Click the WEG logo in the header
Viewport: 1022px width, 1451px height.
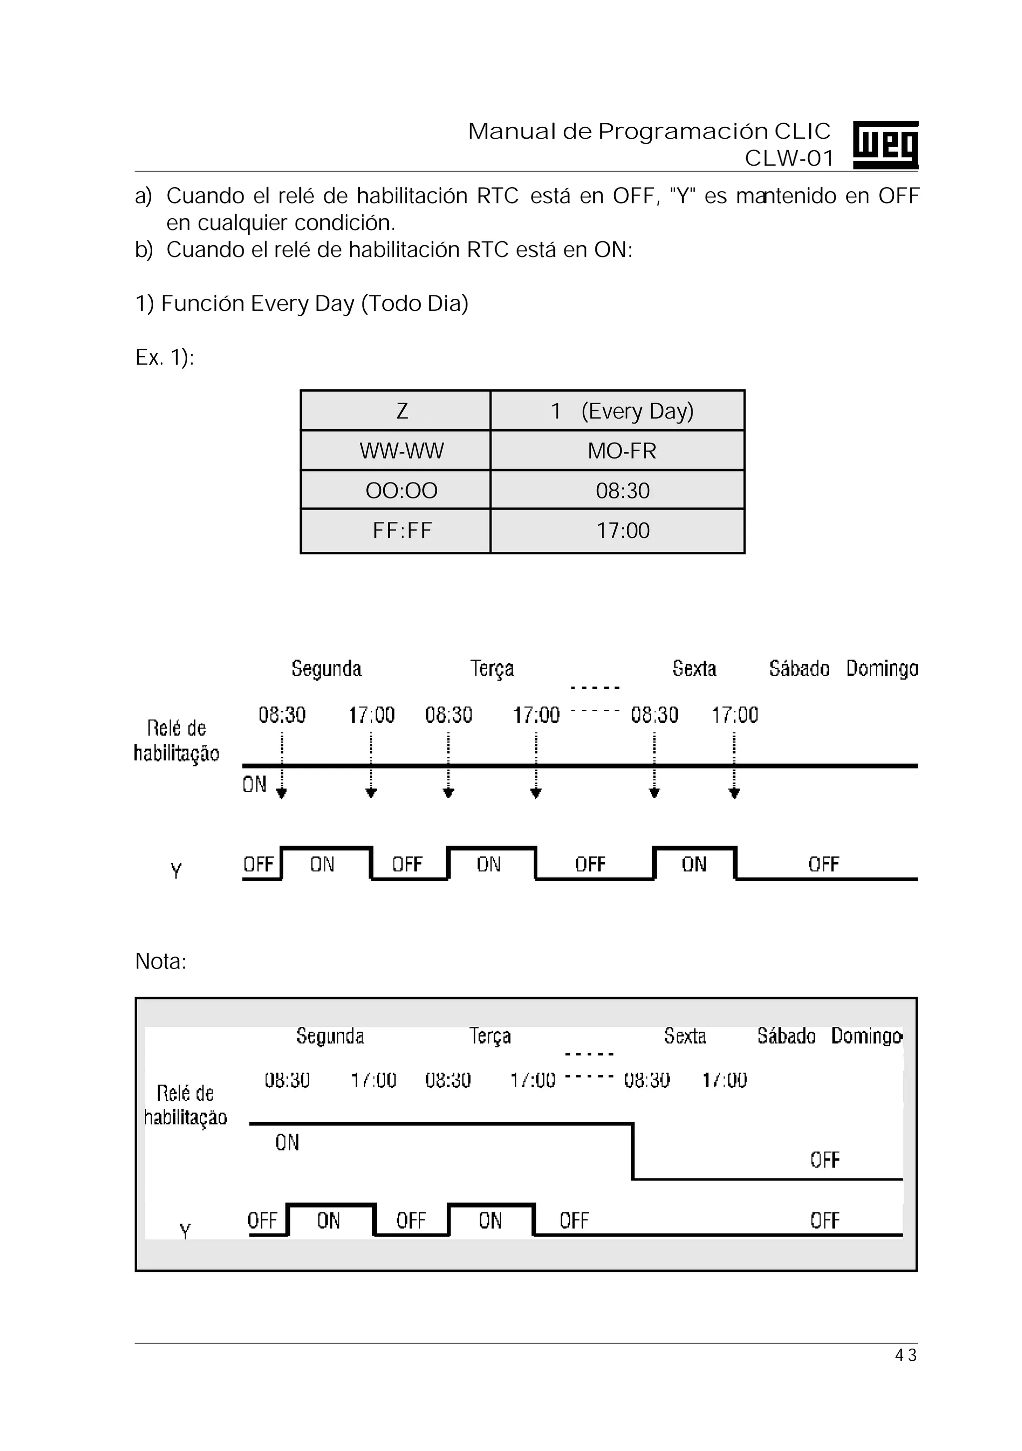point(885,145)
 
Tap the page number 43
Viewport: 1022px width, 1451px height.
point(906,1355)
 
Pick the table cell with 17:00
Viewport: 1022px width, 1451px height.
point(623,530)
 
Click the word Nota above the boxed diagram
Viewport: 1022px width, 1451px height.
point(161,961)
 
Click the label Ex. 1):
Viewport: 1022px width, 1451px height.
point(164,358)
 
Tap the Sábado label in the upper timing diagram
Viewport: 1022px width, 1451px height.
point(799,668)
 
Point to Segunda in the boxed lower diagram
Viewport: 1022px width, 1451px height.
point(330,1036)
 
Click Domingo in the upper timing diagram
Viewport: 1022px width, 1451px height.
point(882,668)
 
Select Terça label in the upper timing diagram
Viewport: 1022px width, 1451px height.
point(492,669)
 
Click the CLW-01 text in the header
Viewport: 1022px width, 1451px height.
point(789,158)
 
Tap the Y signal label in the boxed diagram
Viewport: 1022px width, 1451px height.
point(185,1231)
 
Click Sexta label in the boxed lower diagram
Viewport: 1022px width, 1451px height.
point(685,1036)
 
